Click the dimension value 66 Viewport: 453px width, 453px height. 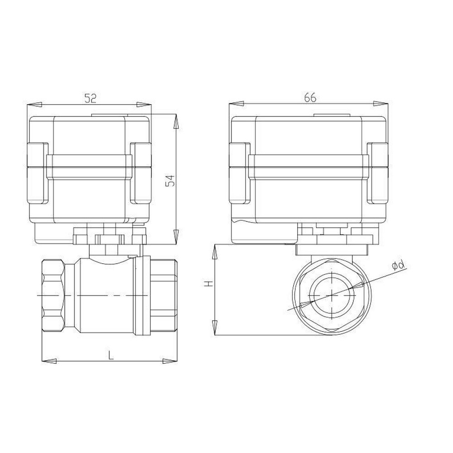309,97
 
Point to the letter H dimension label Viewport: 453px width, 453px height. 207,284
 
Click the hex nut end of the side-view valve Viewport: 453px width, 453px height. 53,295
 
